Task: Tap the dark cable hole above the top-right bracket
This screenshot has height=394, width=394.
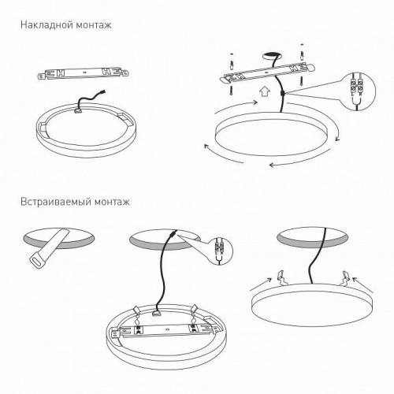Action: [x=273, y=56]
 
